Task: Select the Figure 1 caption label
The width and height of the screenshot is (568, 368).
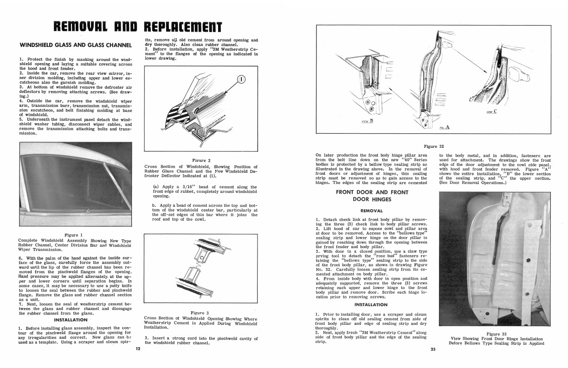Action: tap(75, 235)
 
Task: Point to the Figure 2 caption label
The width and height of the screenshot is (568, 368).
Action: tap(201, 160)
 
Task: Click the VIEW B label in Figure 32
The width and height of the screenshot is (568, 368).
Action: tap(367, 121)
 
